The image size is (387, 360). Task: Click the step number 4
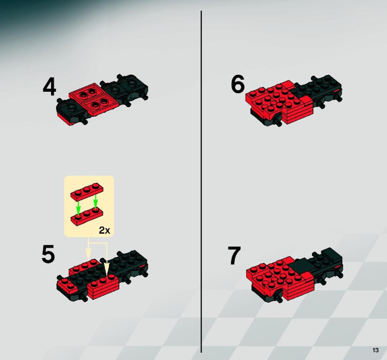(49, 87)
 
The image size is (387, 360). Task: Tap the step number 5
(48, 254)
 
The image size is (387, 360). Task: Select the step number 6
(238, 84)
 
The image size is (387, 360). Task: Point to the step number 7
(234, 256)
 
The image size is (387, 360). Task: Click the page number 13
(375, 350)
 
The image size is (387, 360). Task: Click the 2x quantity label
(104, 230)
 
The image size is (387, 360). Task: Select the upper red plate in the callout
(87, 191)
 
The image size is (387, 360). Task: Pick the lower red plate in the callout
(87, 217)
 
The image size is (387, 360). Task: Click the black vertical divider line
(201, 182)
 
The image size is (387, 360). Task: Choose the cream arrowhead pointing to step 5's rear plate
(89, 253)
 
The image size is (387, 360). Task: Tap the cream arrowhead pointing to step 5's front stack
(107, 269)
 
